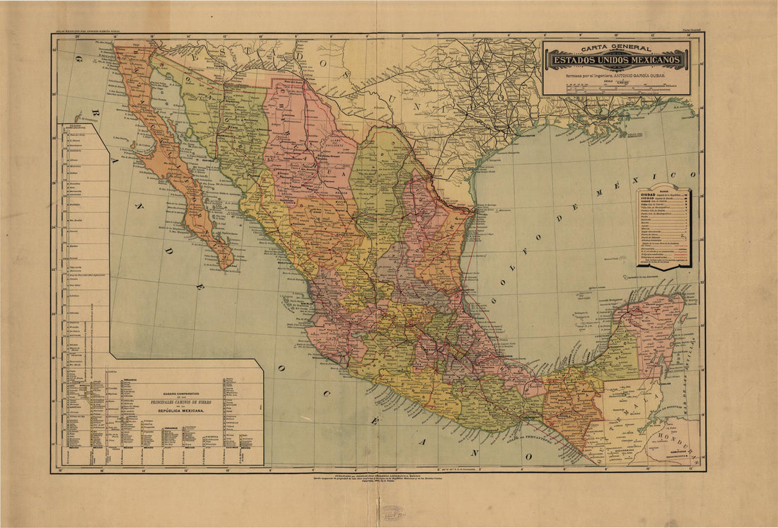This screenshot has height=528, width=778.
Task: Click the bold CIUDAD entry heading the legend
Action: [x=648, y=193]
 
